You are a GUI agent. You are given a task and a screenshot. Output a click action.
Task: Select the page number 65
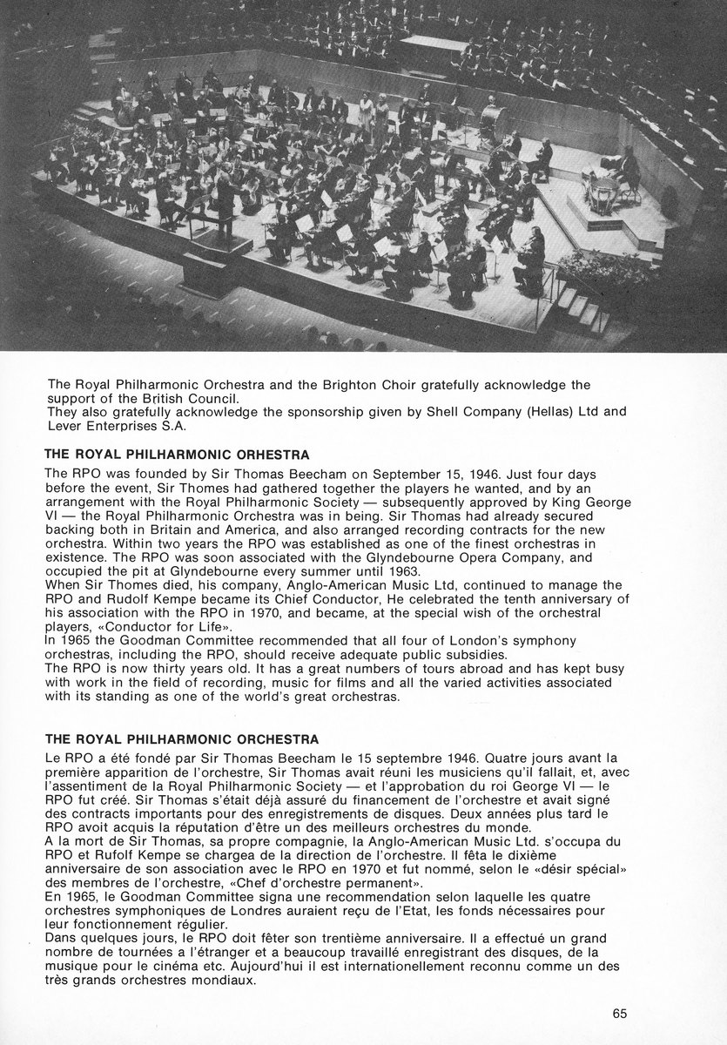pyautogui.click(x=620, y=1013)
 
